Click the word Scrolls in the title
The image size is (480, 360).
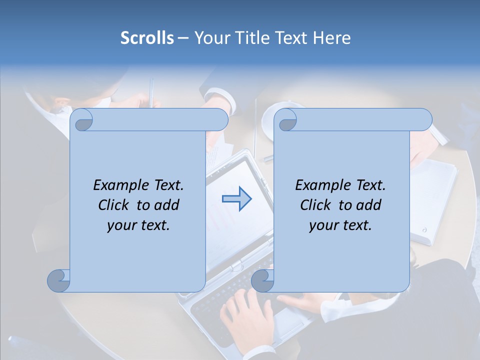[x=147, y=38]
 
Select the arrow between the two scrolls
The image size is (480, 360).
[x=236, y=199]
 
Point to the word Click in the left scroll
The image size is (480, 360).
[x=114, y=205]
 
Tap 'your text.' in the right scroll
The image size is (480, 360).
[x=340, y=225]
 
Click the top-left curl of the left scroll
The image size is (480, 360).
[x=83, y=121]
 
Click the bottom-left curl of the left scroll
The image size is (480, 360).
[x=59, y=280]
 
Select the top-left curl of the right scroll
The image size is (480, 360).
[x=287, y=121]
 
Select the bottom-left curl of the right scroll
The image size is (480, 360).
[x=263, y=280]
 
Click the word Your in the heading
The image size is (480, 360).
[x=210, y=38]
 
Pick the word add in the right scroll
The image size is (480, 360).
[x=367, y=205]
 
